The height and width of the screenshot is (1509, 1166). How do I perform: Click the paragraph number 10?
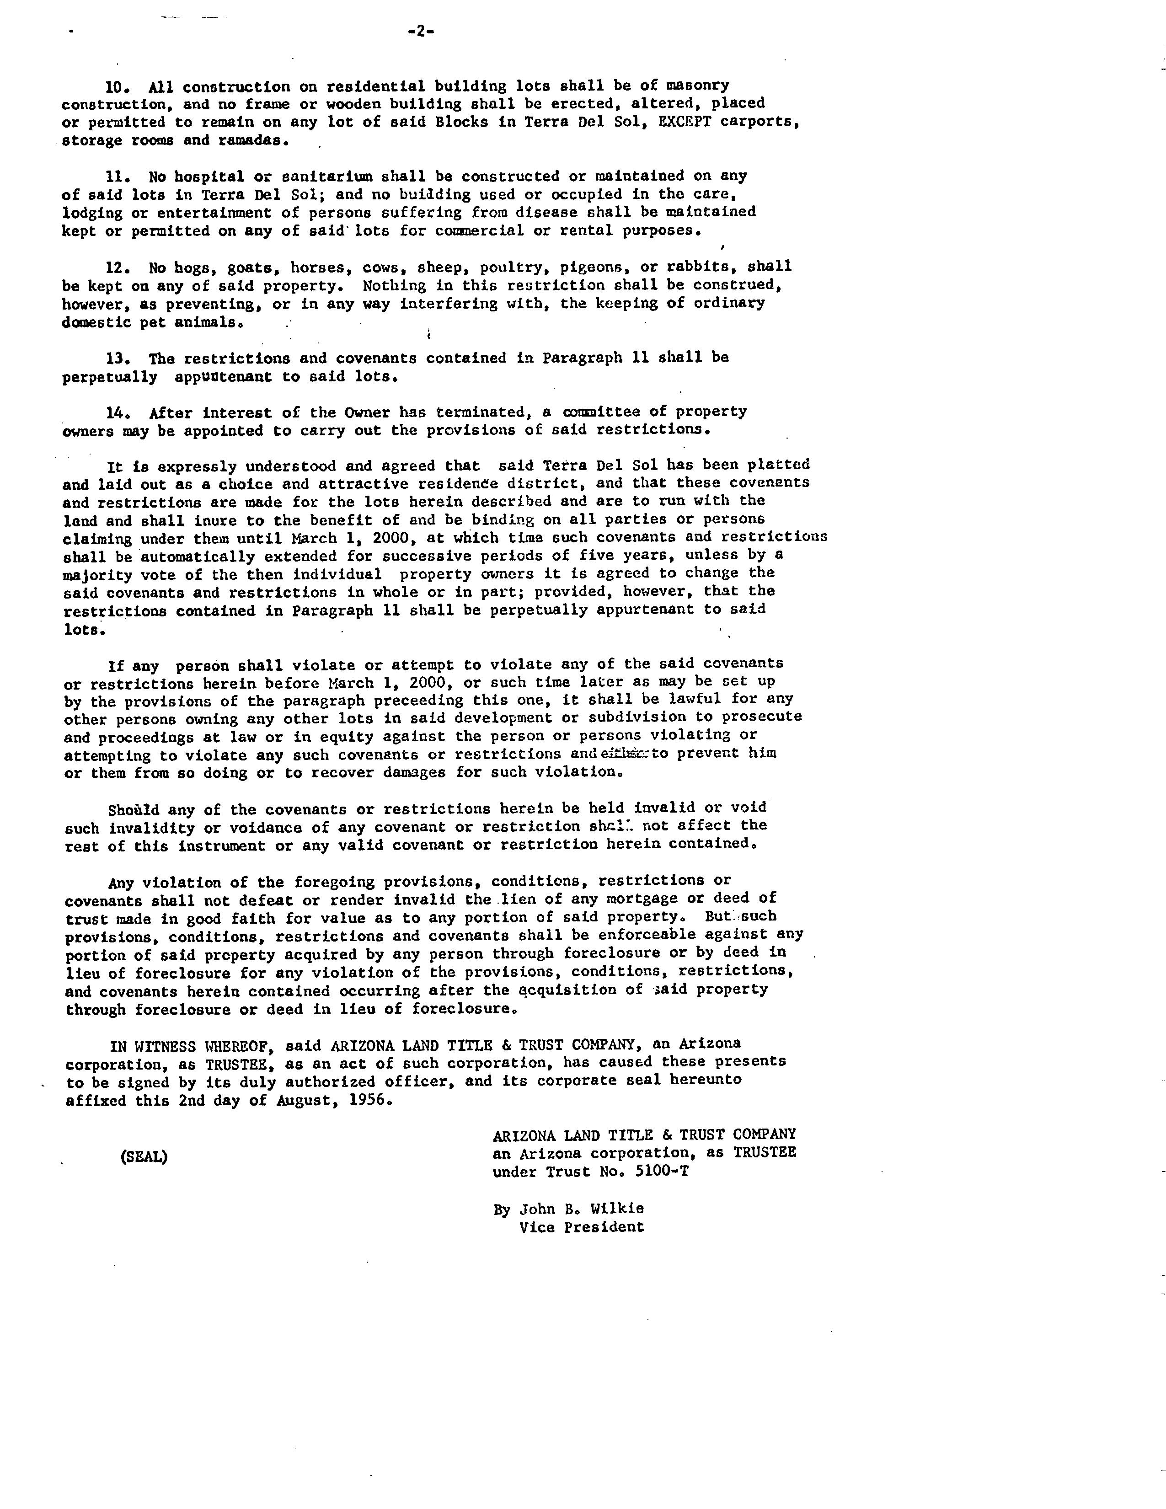pos(117,87)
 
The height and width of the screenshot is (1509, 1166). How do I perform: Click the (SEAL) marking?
pos(144,1156)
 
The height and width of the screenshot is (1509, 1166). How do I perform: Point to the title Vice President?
pos(582,1227)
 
